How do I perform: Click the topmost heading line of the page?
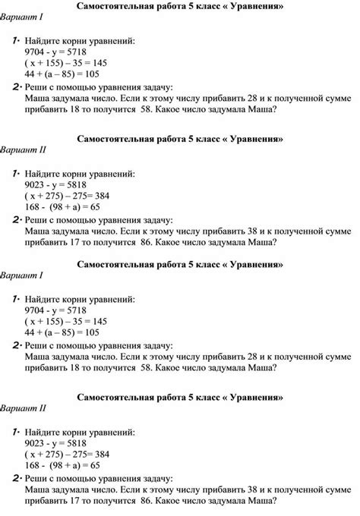[180, 7]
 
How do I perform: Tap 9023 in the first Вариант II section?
[35, 184]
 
